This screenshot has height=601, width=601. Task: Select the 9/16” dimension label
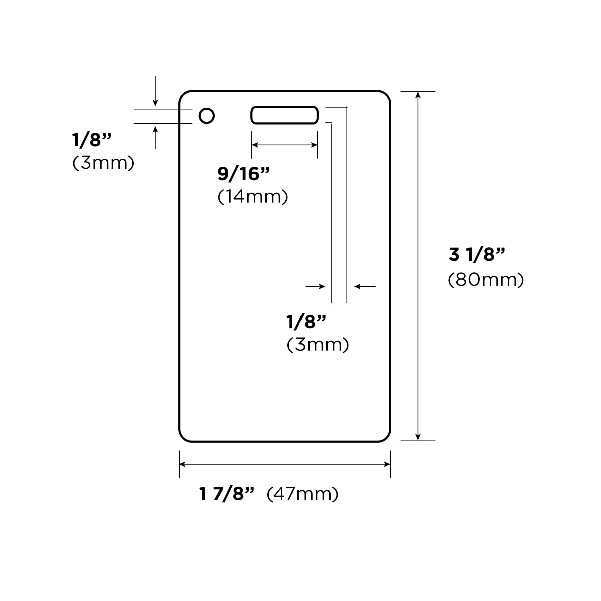click(243, 174)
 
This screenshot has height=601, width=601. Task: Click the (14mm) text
click(252, 197)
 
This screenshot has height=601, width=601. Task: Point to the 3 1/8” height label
click(477, 254)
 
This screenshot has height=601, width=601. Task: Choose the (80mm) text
click(486, 280)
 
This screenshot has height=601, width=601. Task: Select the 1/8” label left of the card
click(91, 139)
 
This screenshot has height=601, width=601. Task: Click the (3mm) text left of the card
click(103, 163)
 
